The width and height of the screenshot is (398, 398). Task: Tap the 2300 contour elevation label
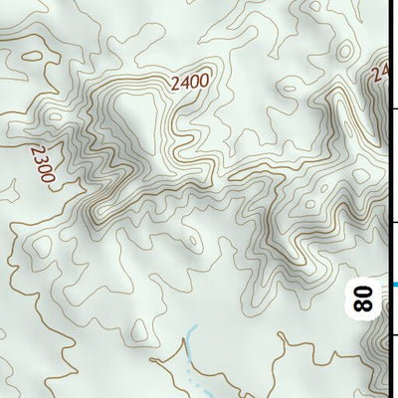[x=42, y=165]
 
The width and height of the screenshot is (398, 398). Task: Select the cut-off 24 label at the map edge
[x=380, y=72]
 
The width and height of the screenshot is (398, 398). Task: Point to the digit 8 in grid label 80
[x=364, y=305]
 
